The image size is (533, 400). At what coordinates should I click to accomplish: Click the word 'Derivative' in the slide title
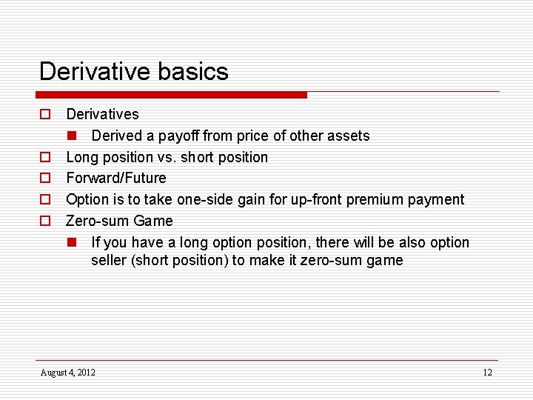92,71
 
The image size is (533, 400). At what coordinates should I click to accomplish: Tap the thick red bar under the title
171,95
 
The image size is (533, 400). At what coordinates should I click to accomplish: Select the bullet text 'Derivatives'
102,114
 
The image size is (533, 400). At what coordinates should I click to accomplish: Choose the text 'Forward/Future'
116,178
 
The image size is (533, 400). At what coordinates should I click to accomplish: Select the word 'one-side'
204,199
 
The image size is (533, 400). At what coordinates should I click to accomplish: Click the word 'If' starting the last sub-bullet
95,242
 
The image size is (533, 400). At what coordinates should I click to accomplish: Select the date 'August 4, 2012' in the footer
67,372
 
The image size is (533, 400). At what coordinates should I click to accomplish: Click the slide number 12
487,372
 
